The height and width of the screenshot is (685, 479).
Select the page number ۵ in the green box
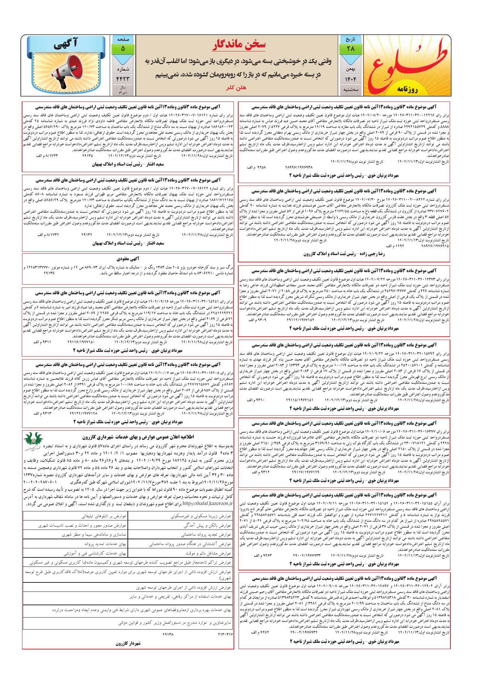tap(123, 48)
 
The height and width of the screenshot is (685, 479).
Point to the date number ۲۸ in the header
tap(350, 49)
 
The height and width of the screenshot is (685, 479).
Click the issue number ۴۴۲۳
tap(123, 79)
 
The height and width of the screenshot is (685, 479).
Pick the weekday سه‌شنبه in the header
tap(350, 90)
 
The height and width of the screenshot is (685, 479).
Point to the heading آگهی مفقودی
tap(127, 259)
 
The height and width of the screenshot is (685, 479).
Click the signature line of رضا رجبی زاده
tap(344, 254)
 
